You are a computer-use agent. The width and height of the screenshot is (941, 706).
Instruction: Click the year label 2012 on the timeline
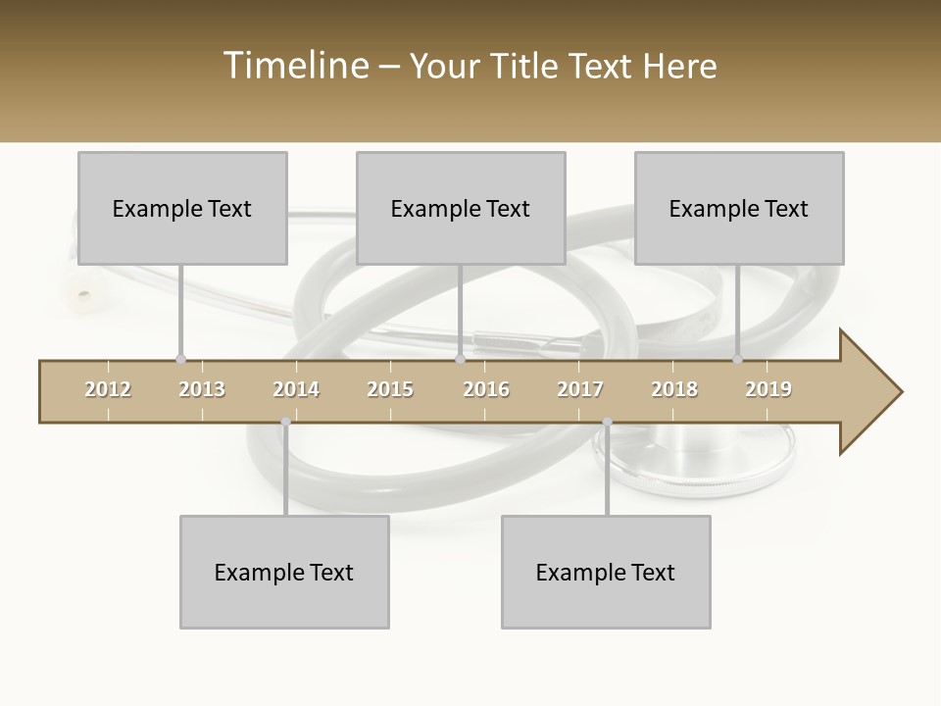pyautogui.click(x=108, y=389)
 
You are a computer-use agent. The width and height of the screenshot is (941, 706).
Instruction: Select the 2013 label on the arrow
pyautogui.click(x=202, y=389)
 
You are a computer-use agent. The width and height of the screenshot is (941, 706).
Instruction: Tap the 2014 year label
pyautogui.click(x=296, y=389)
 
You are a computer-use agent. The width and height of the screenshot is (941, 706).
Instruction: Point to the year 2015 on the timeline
pyautogui.click(x=390, y=389)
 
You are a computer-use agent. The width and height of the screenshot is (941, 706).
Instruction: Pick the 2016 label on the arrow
pyautogui.click(x=486, y=389)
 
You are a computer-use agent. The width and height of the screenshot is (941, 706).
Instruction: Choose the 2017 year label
pyautogui.click(x=580, y=389)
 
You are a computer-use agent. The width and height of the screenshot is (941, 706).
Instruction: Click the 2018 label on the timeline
pyautogui.click(x=674, y=389)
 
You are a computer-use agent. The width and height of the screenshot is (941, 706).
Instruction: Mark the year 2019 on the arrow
pyautogui.click(x=768, y=389)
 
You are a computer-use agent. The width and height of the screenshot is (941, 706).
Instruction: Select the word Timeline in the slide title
pyautogui.click(x=294, y=66)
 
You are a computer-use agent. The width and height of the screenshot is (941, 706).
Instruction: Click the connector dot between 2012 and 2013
pyautogui.click(x=180, y=360)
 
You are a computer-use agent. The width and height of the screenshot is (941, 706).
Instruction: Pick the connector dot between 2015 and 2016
pyautogui.click(x=460, y=360)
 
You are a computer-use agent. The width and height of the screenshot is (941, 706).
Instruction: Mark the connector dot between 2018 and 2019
pyautogui.click(x=738, y=360)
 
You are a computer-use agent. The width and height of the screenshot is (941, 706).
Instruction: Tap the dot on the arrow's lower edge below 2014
pyautogui.click(x=285, y=423)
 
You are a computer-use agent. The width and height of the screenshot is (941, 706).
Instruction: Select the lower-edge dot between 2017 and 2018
pyautogui.click(x=607, y=423)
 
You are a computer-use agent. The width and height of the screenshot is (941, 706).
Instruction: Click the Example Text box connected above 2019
pyautogui.click(x=739, y=208)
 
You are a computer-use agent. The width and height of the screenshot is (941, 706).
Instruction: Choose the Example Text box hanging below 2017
pyautogui.click(x=606, y=572)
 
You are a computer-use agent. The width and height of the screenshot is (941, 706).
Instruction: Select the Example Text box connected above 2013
pyautogui.click(x=182, y=208)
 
